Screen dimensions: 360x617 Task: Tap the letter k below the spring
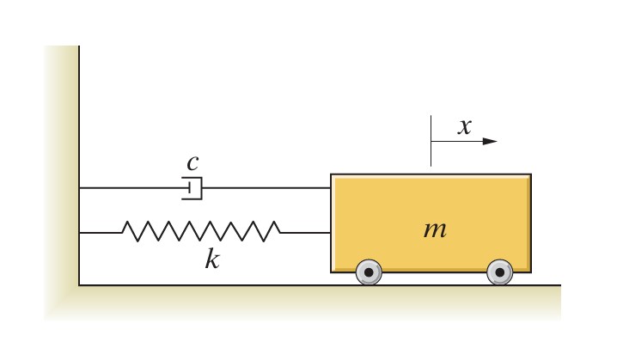click(x=211, y=258)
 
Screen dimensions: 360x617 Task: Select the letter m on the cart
click(x=436, y=229)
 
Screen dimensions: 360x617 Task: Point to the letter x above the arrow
click(x=465, y=127)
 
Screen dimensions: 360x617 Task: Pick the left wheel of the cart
click(x=369, y=272)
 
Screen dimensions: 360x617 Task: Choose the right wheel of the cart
click(x=499, y=272)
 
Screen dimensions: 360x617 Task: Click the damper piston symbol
click(x=192, y=187)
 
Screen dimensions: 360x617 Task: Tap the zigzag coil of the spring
click(x=201, y=232)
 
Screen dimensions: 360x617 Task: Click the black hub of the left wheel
click(x=369, y=272)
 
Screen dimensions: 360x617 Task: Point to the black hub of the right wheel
click(x=499, y=272)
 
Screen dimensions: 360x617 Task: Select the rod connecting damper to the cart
click(x=266, y=187)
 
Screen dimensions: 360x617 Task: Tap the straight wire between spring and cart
click(x=306, y=232)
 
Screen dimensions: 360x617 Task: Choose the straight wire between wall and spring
click(x=101, y=232)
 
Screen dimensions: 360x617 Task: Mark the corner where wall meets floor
click(x=79, y=284)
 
